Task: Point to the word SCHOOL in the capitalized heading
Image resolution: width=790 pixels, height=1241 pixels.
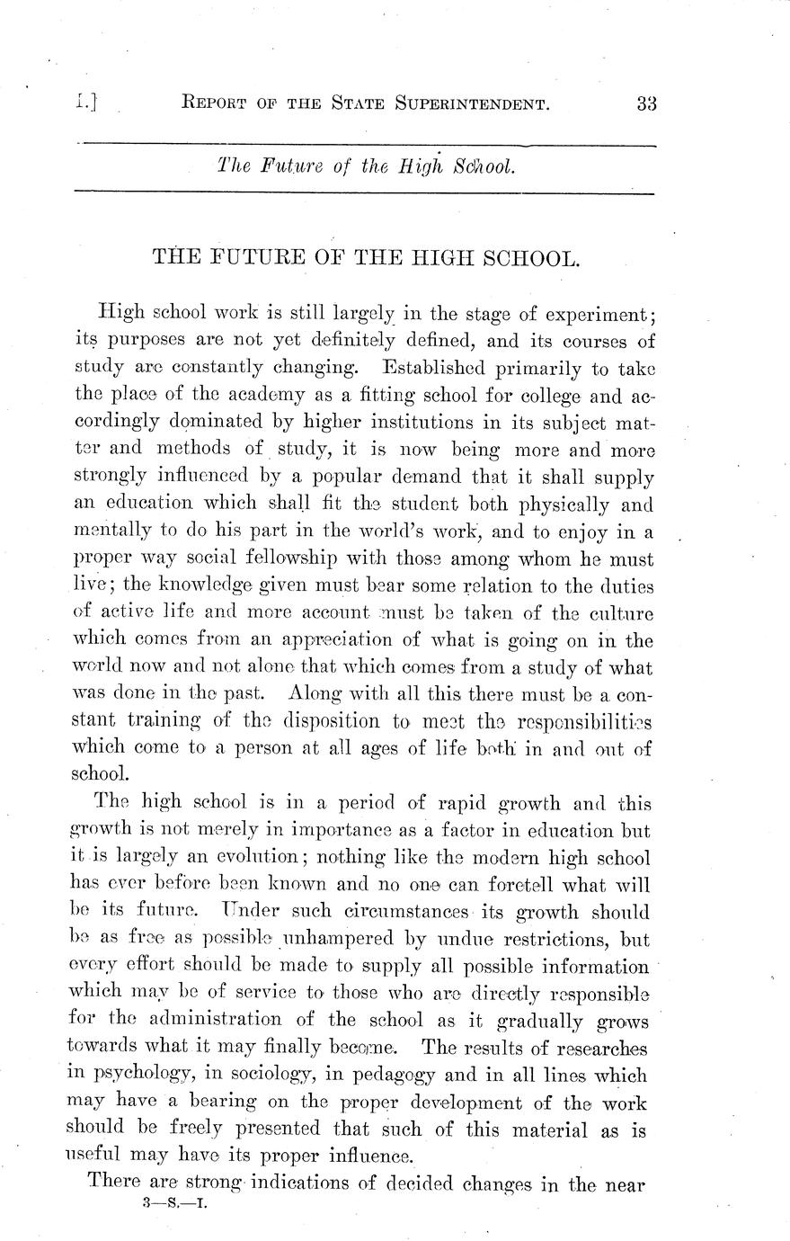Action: [526, 259]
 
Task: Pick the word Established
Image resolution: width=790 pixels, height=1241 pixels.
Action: [446, 368]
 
